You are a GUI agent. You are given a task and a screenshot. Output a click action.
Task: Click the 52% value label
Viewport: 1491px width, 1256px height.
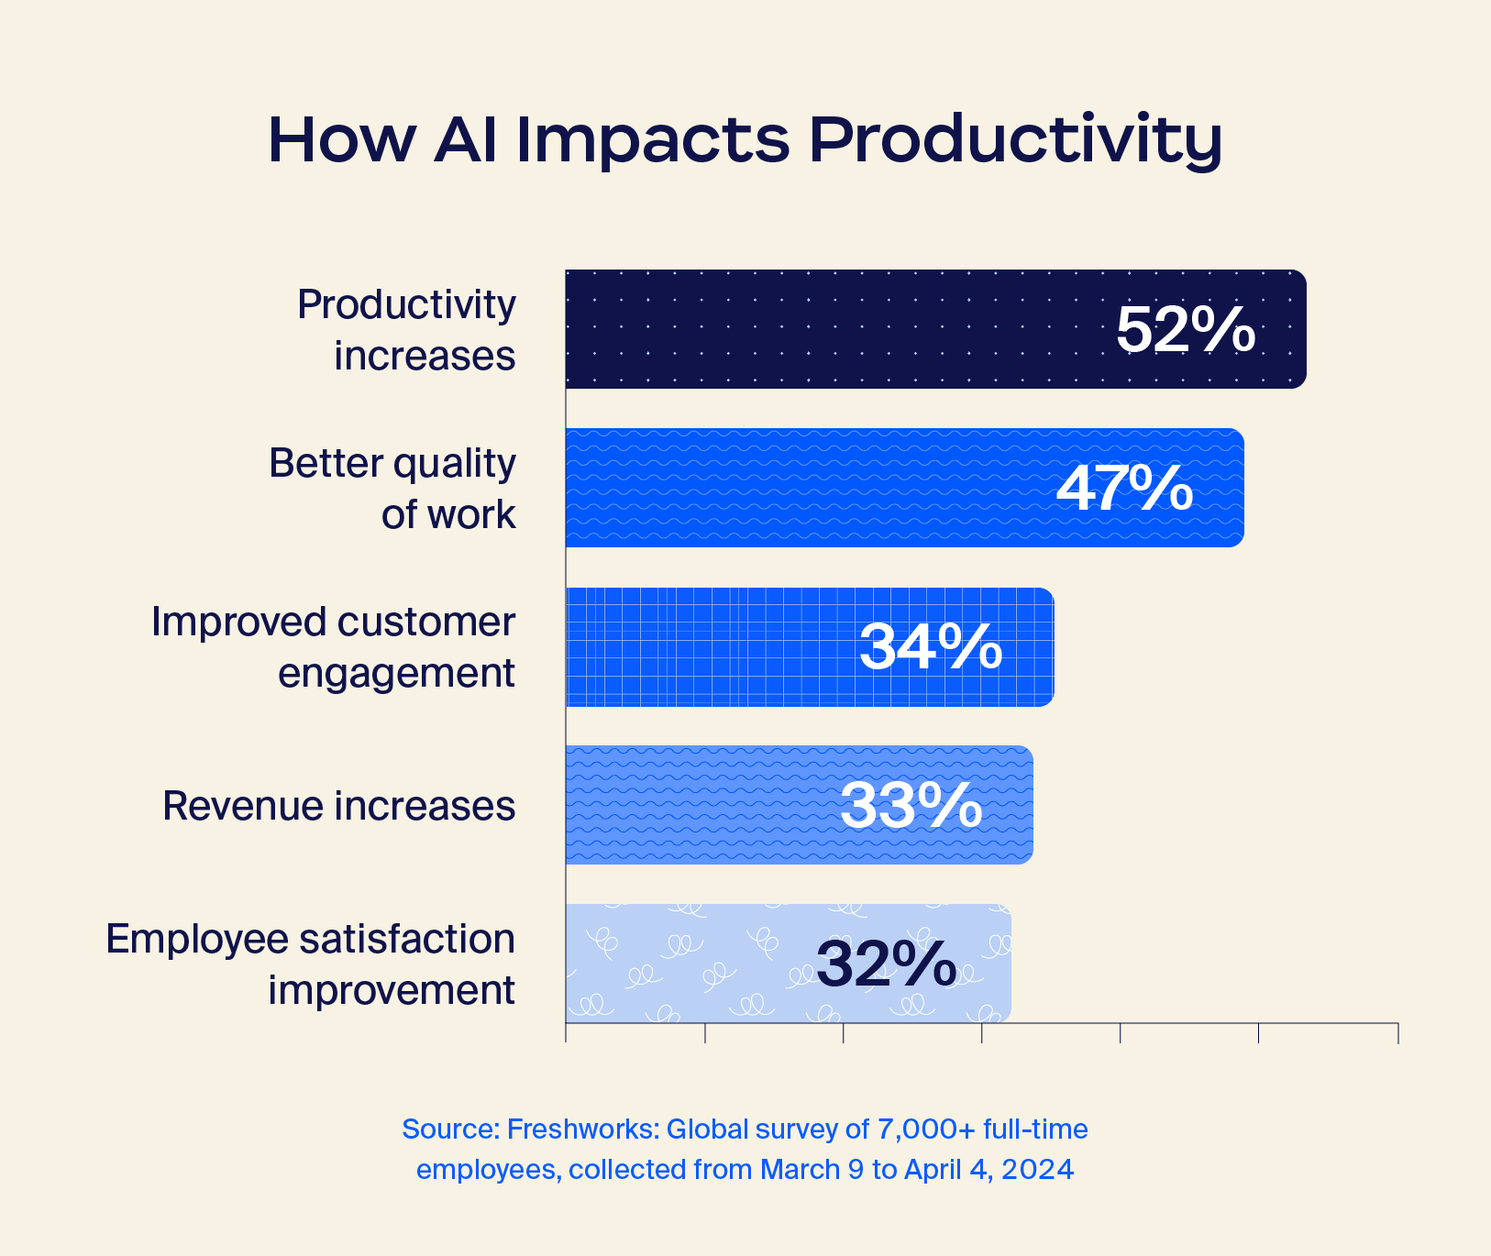[x=1185, y=329]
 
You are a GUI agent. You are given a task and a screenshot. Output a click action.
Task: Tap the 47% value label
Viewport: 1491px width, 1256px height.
[x=1125, y=488]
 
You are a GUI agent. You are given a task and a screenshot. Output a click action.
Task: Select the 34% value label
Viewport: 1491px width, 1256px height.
[x=931, y=646]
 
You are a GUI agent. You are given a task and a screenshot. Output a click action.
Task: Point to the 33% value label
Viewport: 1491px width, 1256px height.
[x=911, y=806]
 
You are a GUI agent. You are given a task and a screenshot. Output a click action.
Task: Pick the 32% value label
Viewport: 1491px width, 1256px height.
[x=886, y=964]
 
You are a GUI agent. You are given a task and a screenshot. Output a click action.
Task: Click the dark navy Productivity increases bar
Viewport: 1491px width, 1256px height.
[x=825, y=329]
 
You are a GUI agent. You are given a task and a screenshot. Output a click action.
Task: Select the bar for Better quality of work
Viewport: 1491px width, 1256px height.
[x=807, y=488]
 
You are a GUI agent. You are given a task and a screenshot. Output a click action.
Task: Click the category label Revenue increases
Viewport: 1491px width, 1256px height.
[x=338, y=806]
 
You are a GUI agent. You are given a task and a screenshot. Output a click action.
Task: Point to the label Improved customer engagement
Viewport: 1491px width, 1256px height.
[x=334, y=646]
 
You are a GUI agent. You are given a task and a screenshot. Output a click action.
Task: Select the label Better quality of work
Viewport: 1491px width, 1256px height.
[x=392, y=488]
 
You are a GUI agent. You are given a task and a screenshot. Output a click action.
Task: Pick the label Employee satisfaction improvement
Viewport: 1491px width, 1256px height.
[x=311, y=964]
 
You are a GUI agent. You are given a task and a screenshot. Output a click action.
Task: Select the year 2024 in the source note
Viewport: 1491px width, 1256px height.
[x=1037, y=1170]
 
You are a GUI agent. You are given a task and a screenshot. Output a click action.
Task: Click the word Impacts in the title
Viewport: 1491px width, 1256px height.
[x=652, y=140]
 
